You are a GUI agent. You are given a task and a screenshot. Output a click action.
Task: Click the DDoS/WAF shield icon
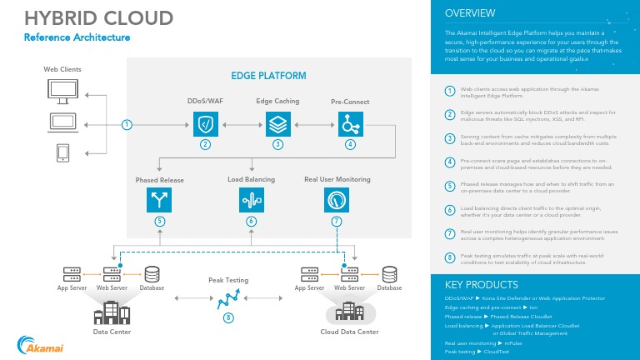[205, 125]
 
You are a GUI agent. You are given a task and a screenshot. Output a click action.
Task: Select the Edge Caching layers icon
[277, 125]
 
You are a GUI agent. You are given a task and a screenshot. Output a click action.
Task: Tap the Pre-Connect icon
[350, 125]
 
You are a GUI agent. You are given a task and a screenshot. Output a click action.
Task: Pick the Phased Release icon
[158, 201]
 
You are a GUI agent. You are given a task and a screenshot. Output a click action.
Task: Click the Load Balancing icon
[251, 201]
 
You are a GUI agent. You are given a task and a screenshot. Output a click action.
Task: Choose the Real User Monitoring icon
[337, 201]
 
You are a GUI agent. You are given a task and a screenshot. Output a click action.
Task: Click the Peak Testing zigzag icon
[228, 296]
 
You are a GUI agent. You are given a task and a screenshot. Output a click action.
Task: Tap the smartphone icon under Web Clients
[62, 153]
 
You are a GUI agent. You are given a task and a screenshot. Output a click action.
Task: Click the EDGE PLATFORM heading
[268, 76]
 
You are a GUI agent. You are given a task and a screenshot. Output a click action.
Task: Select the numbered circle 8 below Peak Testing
[228, 317]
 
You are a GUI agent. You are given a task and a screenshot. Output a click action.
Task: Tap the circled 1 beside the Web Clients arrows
[127, 125]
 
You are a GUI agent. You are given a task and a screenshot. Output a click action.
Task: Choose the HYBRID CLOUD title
[98, 17]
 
